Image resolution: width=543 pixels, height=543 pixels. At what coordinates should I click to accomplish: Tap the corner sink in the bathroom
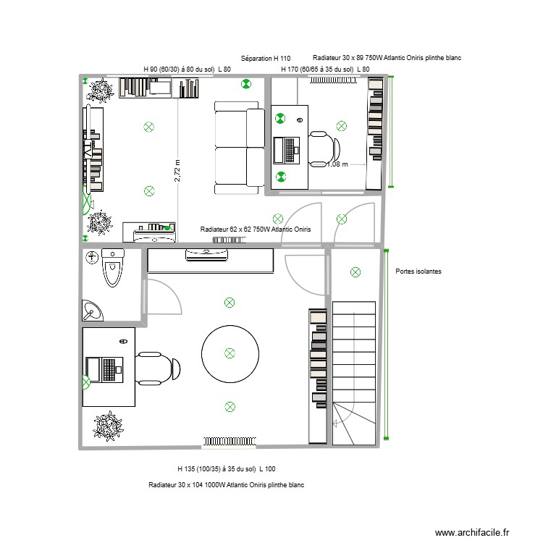(x=93, y=311)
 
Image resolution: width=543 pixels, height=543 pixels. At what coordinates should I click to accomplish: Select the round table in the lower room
(x=230, y=353)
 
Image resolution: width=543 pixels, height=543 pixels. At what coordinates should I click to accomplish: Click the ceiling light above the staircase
(x=355, y=272)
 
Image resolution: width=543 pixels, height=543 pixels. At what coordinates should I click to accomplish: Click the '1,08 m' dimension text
(x=337, y=164)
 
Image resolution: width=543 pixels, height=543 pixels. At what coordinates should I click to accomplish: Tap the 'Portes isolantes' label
(x=418, y=271)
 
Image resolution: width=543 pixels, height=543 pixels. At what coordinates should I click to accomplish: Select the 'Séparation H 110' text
(x=265, y=58)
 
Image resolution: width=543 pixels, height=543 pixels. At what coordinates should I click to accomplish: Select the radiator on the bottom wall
(x=226, y=440)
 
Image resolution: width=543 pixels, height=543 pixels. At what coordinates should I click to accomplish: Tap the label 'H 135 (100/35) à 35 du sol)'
(x=216, y=469)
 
